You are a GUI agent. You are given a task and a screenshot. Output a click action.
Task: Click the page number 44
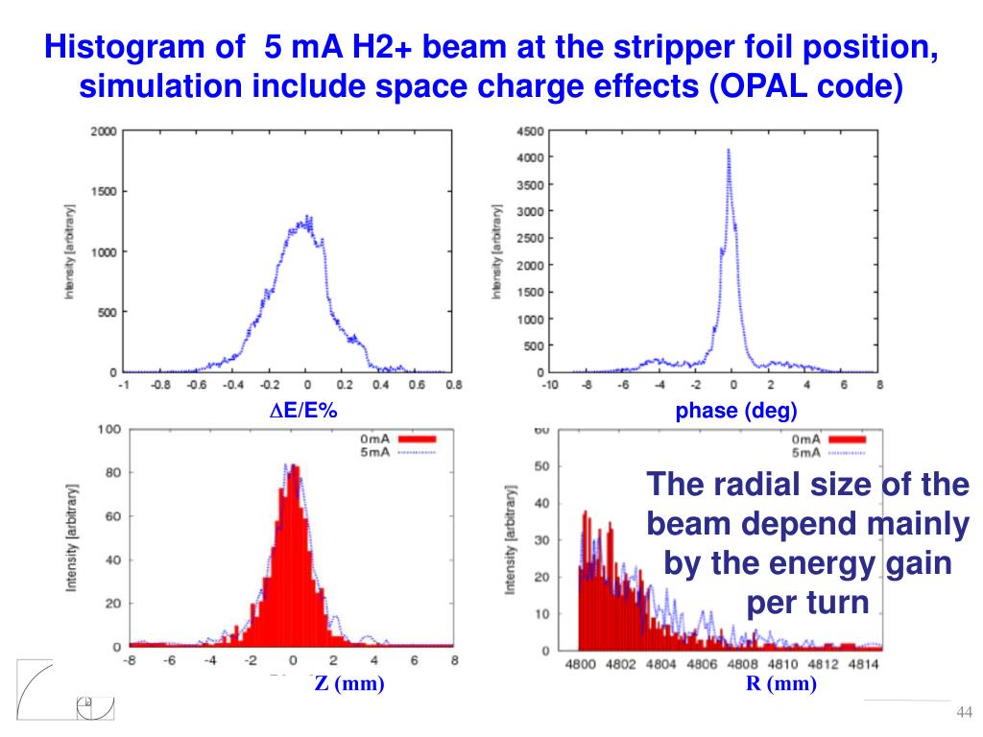[965, 711]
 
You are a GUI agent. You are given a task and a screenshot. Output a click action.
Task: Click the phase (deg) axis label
[735, 412]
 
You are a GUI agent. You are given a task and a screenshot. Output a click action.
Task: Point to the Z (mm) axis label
[349, 684]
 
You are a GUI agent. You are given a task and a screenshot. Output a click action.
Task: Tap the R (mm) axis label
[780, 684]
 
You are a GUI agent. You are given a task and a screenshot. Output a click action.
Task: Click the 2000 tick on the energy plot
[104, 131]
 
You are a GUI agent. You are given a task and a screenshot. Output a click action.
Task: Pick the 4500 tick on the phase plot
[530, 131]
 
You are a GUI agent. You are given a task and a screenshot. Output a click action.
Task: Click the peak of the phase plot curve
[729, 150]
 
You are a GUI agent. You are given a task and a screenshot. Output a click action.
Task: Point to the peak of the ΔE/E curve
[306, 217]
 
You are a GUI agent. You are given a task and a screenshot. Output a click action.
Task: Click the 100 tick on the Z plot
[108, 429]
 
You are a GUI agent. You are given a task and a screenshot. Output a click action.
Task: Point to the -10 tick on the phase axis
[549, 386]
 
